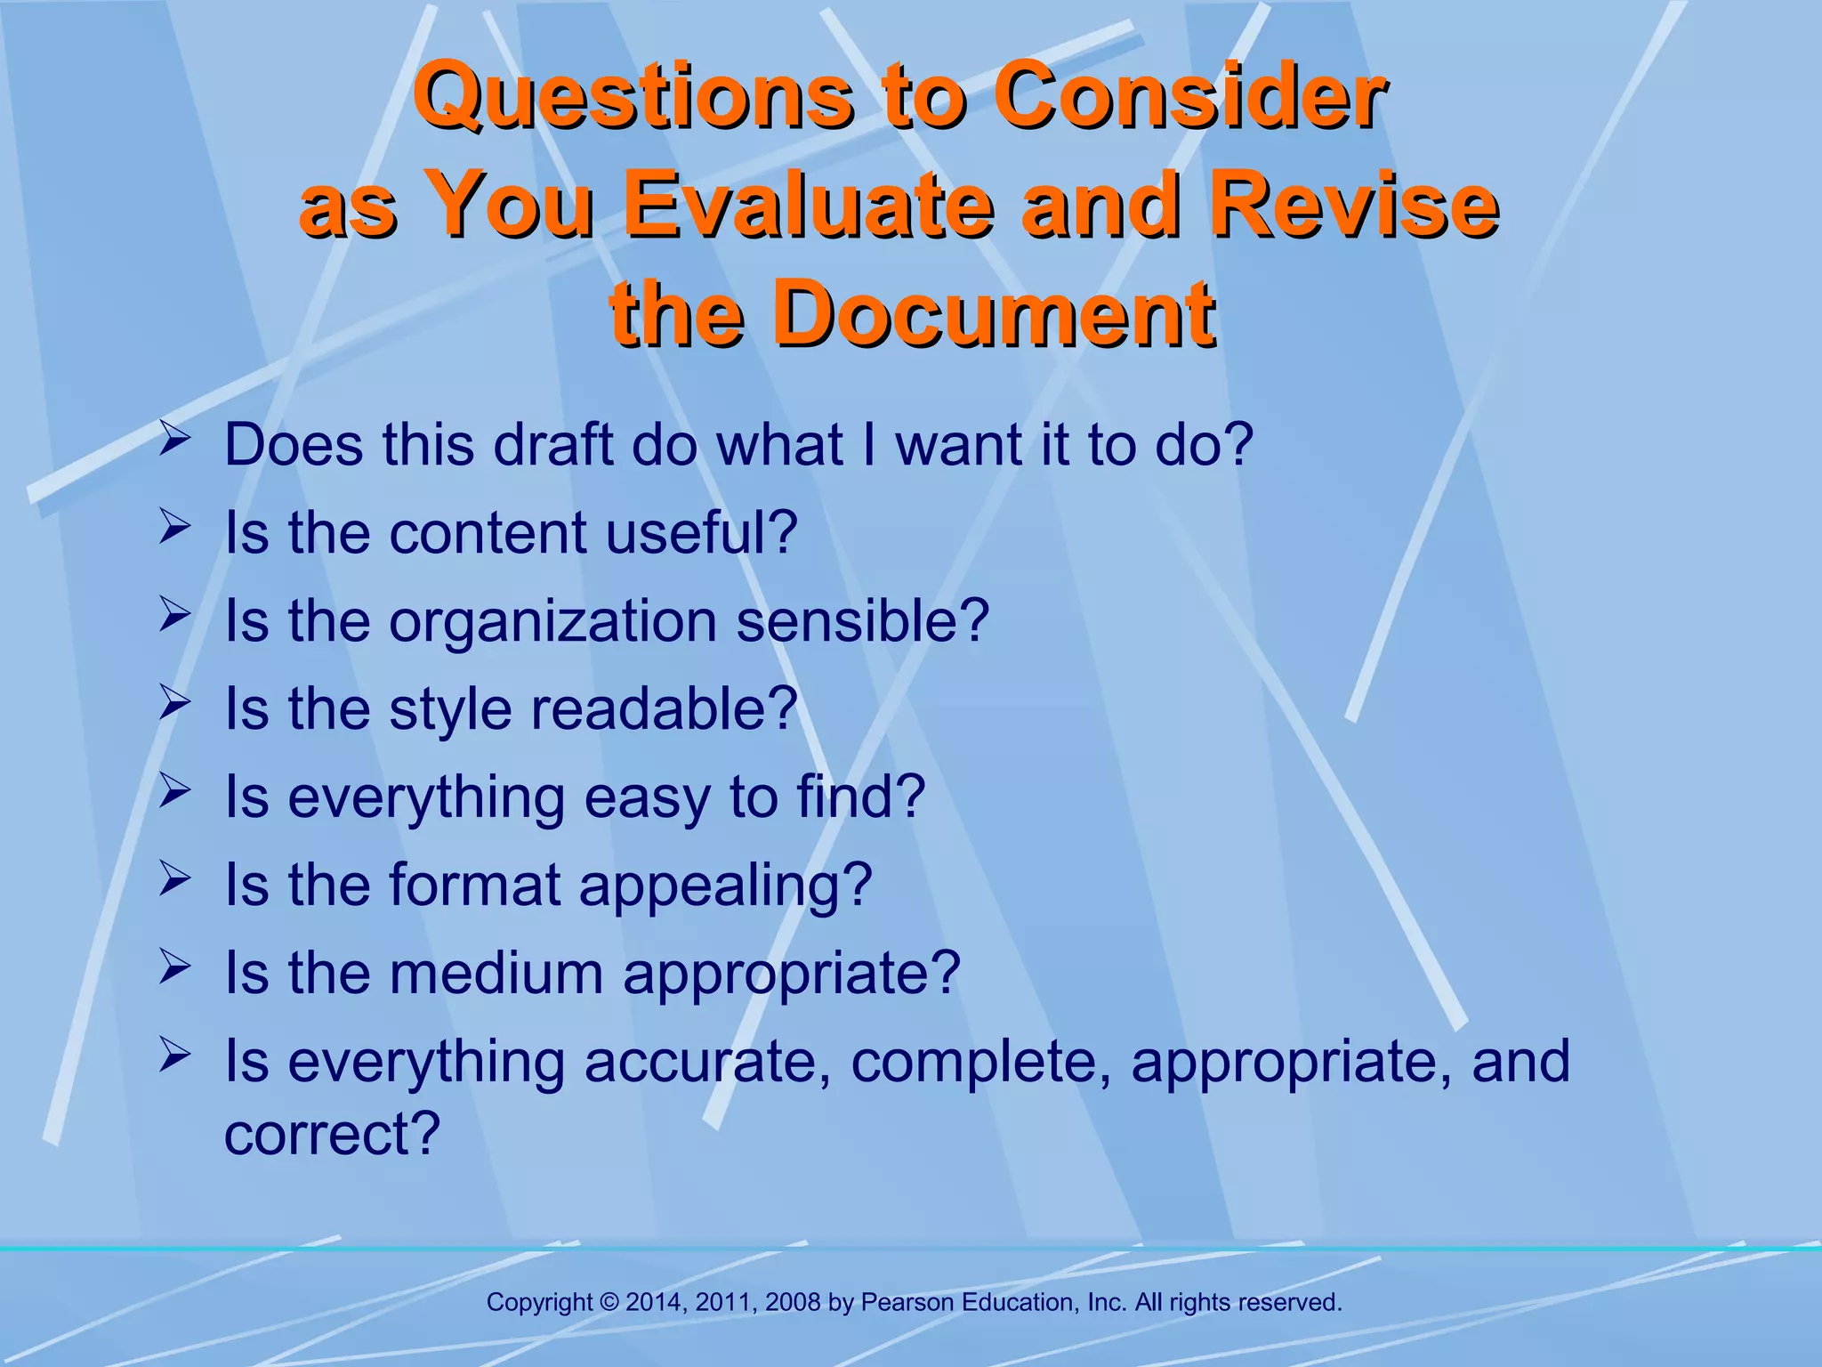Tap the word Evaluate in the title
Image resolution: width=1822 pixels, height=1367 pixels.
pyautogui.click(x=807, y=205)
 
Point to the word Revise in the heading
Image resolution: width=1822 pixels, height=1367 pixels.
pyautogui.click(x=1354, y=205)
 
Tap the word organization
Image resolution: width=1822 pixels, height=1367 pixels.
pyautogui.click(x=552, y=622)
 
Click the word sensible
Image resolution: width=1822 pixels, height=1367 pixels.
pyautogui.click(x=862, y=620)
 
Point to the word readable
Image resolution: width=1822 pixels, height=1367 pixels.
pyautogui.click(x=665, y=708)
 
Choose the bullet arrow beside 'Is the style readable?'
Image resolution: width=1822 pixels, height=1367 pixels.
pyautogui.click(x=174, y=703)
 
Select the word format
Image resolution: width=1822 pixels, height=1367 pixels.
pyautogui.click(x=474, y=885)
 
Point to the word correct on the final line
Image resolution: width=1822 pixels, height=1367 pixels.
pyautogui.click(x=331, y=1134)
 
